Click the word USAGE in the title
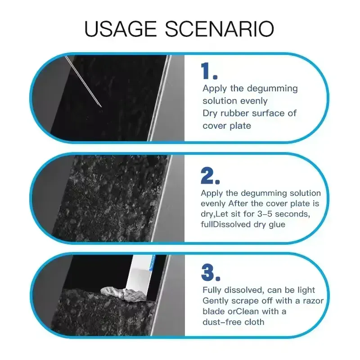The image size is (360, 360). [121, 29]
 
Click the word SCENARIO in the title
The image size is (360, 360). [220, 29]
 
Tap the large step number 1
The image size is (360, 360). [209, 71]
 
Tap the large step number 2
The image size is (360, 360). [210, 175]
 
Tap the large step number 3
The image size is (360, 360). [211, 273]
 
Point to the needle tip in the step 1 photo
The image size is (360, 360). [101, 107]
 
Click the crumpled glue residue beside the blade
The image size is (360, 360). [123, 294]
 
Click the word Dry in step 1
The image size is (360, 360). [210, 114]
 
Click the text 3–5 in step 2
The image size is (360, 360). [265, 214]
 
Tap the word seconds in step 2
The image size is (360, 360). [292, 214]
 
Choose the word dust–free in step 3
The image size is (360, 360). [222, 322]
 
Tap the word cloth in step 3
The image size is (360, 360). [254, 322]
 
